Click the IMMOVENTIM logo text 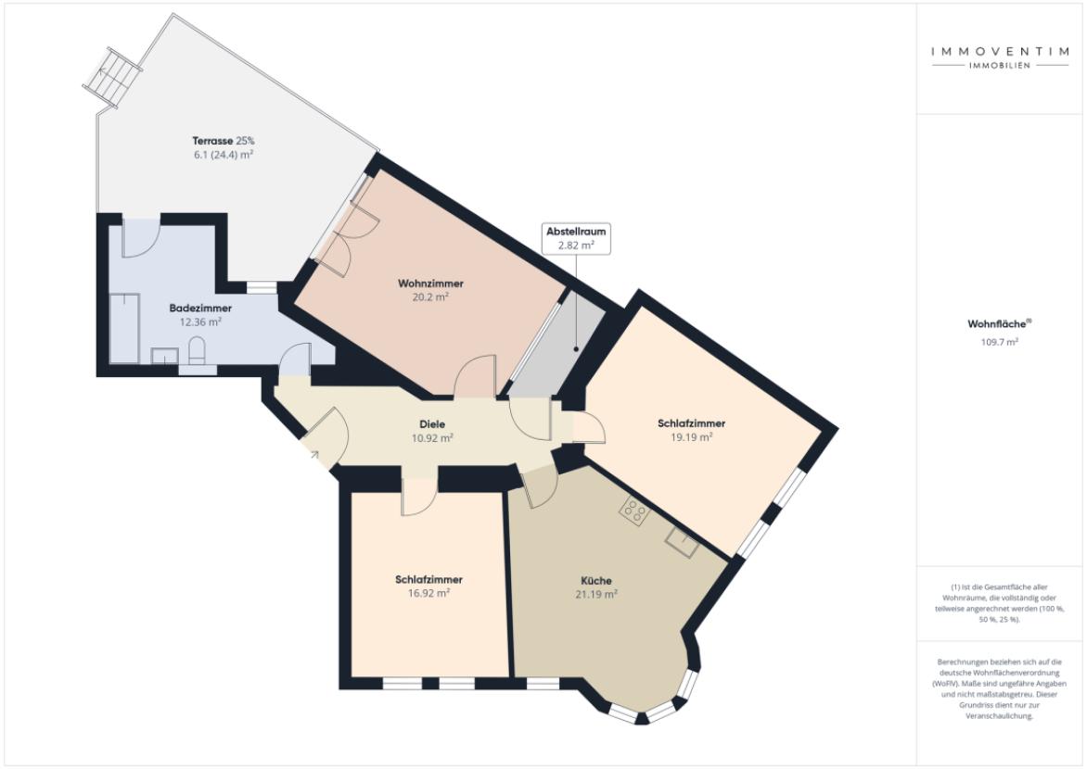click(1000, 51)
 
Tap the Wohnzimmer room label click(430, 284)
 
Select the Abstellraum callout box click(576, 238)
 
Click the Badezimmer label click(200, 309)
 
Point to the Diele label click(432, 424)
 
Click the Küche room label click(596, 581)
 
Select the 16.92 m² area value click(429, 593)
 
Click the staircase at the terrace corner click(112, 77)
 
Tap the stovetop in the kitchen click(634, 511)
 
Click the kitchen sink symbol click(683, 542)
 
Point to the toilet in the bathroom click(197, 350)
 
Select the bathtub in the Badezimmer click(125, 328)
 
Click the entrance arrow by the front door click(314, 455)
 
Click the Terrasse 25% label click(224, 141)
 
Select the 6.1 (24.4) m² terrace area click(224, 155)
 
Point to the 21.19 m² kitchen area click(596, 594)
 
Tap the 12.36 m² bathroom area click(200, 322)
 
